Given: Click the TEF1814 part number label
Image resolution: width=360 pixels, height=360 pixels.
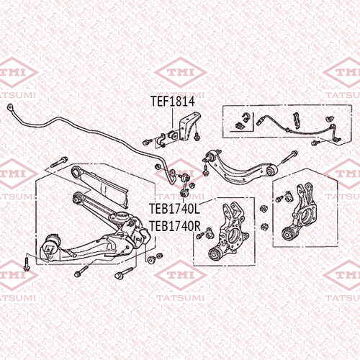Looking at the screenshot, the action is click(173, 102).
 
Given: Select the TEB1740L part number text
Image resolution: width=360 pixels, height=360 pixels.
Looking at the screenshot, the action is click(174, 209).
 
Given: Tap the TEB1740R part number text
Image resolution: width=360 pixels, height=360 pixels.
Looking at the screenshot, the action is click(175, 226).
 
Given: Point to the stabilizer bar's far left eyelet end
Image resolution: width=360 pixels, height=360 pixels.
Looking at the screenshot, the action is click(10, 107).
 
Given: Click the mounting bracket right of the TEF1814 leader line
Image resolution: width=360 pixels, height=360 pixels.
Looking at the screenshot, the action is click(190, 127).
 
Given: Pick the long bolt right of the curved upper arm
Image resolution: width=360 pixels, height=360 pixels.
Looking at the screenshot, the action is click(288, 157).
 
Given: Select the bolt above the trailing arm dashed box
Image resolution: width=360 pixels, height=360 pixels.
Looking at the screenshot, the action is click(59, 162).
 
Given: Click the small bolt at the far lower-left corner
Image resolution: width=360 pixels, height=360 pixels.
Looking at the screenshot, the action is click(26, 264).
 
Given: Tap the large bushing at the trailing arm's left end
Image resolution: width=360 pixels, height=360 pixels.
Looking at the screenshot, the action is click(50, 247).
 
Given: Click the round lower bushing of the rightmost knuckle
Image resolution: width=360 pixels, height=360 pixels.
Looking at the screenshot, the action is click(287, 234).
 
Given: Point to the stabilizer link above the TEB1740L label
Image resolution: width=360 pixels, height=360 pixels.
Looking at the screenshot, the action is click(183, 186).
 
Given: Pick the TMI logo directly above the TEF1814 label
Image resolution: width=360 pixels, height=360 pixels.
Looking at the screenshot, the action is click(181, 72).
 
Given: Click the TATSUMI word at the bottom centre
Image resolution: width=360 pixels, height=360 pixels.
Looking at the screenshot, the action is click(181, 298).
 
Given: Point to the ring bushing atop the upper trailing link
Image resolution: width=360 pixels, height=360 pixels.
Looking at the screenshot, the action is click(78, 172).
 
